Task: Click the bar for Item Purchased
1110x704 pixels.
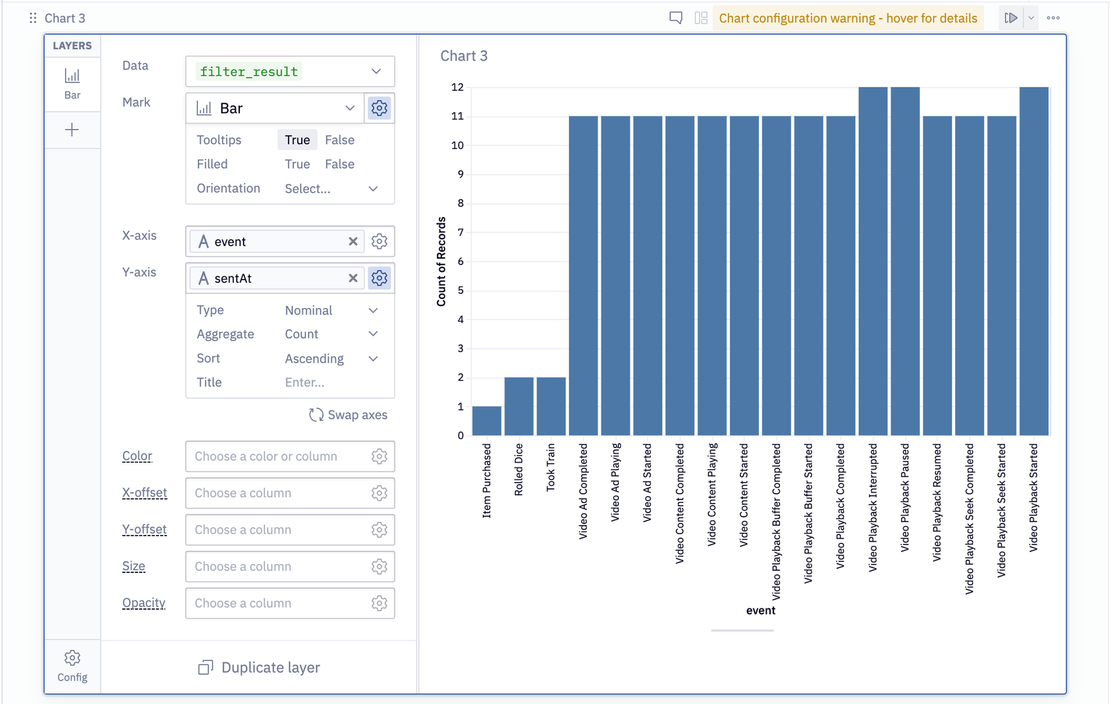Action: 486,421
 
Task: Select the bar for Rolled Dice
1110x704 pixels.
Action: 519,406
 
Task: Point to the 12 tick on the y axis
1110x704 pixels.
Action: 457,87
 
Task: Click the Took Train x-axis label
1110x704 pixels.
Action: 551,467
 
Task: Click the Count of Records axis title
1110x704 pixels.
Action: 441,261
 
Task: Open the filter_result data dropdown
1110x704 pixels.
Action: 290,71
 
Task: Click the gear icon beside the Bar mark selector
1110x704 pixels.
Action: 379,108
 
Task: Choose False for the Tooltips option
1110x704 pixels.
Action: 339,140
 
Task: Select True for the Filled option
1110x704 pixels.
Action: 297,164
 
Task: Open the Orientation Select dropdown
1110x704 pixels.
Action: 331,189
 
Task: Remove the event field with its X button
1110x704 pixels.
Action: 353,241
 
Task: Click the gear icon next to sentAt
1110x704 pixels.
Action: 379,278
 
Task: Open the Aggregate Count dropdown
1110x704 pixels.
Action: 331,334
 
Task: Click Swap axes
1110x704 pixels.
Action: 348,415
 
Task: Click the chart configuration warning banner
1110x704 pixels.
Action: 848,18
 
